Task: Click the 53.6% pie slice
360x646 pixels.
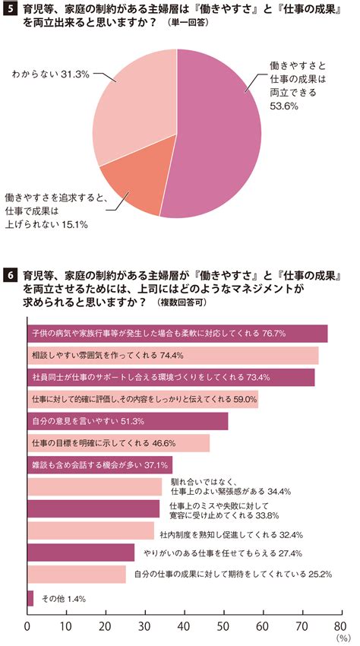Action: [x=218, y=136]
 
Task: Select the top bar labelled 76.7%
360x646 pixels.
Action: [x=178, y=334]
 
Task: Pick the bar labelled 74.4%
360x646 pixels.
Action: [x=173, y=356]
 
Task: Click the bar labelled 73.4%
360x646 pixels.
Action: [x=171, y=378]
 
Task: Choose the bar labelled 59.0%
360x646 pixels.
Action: [x=143, y=399]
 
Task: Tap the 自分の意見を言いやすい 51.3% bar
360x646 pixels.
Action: [x=128, y=421]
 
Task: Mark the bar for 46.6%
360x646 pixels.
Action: [x=118, y=443]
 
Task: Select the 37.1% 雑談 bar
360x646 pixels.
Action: [x=100, y=465]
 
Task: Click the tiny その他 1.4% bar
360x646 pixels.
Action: [x=30, y=598]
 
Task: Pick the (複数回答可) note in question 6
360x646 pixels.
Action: [x=182, y=302]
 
